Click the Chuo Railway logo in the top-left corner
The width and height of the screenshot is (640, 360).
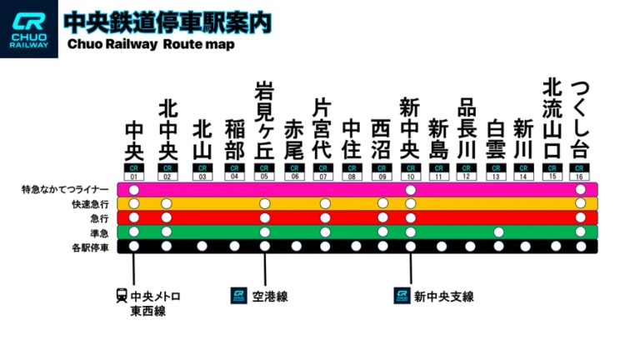tap(29, 29)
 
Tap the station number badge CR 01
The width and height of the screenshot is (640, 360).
tap(133, 172)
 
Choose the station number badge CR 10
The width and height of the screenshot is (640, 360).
tap(410, 172)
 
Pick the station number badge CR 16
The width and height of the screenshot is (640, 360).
tap(580, 172)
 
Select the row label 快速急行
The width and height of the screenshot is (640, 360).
tap(90, 204)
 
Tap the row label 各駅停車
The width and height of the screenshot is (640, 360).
tap(90, 247)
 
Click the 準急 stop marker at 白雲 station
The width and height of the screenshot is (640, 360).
tap(498, 232)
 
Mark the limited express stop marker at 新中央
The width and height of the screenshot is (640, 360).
tap(410, 190)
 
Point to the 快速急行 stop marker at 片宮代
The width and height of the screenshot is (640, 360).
tap(325, 204)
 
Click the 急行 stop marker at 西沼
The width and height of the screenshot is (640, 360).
tap(382, 218)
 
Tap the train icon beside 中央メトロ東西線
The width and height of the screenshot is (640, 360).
tap(122, 296)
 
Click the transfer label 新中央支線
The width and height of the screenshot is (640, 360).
tap(443, 297)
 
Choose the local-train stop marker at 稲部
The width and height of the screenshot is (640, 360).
tap(235, 247)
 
